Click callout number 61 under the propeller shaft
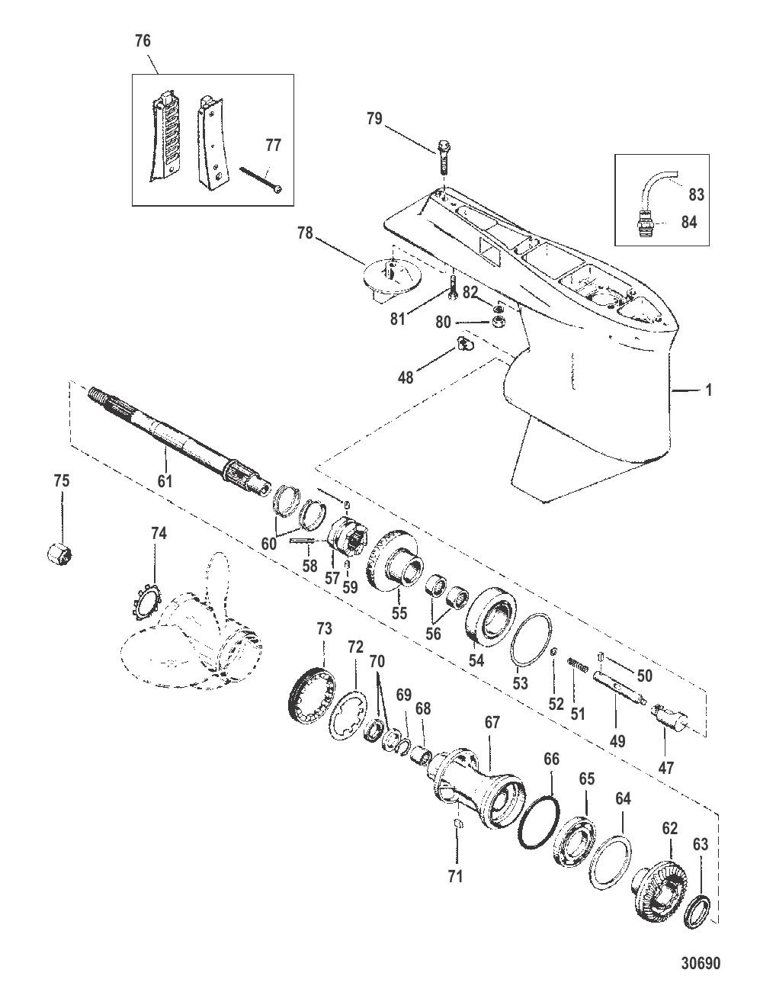click(x=165, y=480)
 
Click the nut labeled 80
click(x=498, y=322)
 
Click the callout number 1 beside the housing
click(x=708, y=390)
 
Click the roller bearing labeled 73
click(x=312, y=694)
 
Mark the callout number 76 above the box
click(x=143, y=40)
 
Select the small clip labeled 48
click(x=464, y=343)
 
